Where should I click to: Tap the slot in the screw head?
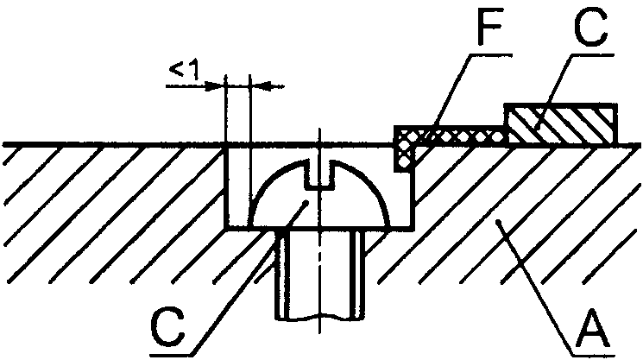coord(323,178)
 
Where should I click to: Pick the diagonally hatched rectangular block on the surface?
coord(560,125)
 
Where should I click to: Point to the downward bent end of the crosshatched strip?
coord(403,154)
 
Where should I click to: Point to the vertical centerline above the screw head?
coord(318,138)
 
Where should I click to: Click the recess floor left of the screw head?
coord(239,228)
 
